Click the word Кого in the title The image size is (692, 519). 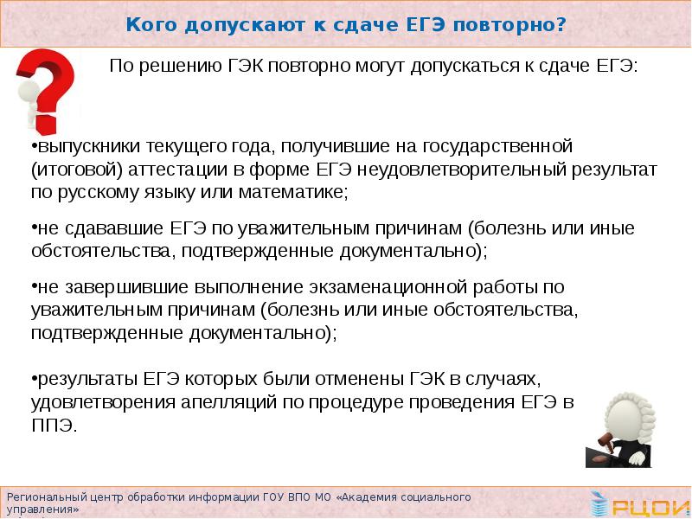pyautogui.click(x=150, y=24)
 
